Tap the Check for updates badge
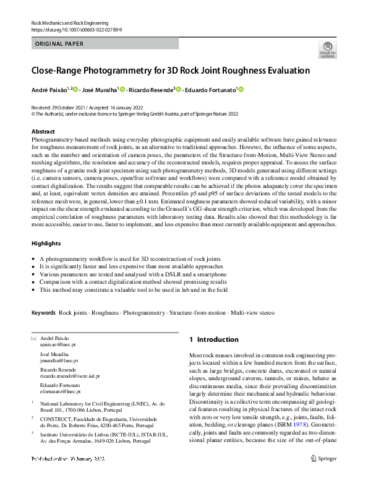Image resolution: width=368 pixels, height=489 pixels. point(326,51)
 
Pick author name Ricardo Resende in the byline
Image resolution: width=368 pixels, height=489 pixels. point(151,90)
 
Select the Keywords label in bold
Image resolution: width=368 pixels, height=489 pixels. point(43,313)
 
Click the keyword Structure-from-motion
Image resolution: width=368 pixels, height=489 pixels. point(196,313)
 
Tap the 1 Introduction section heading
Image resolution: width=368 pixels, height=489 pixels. point(213,339)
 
